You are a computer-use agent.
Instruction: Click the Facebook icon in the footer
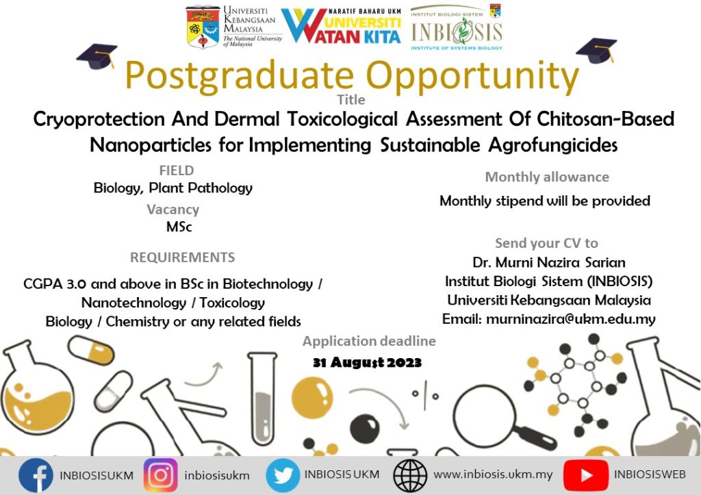point(36,475)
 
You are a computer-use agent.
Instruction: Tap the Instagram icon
point(160,475)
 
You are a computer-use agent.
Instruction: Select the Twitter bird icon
point(283,475)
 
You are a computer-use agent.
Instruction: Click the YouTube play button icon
point(586,475)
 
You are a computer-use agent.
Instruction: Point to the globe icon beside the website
point(410,475)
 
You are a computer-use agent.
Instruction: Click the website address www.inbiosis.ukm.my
point(493,474)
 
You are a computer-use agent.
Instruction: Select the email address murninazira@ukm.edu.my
point(571,319)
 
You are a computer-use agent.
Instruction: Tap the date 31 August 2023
point(367,362)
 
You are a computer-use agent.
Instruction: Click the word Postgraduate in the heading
point(239,75)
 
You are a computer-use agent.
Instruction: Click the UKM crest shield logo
point(203,27)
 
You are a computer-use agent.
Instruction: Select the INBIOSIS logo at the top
point(456,27)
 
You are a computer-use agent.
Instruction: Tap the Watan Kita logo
point(341,26)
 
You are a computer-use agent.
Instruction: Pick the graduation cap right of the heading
point(596,51)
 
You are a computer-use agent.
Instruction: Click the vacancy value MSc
point(179,227)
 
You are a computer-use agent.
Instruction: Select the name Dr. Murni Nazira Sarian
point(548,262)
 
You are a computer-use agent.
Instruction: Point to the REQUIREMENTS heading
point(182,257)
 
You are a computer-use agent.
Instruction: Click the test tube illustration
point(262,398)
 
